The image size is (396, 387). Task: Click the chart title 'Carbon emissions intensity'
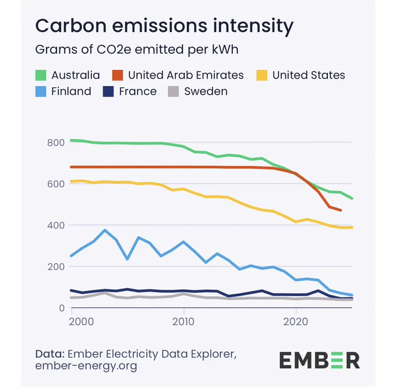coord(164,26)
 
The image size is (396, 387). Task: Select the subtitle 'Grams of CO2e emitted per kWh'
coord(137,49)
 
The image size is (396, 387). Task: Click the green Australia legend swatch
coord(41,75)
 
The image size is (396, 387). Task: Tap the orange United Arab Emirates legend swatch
coord(118,75)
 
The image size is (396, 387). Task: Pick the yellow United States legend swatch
coord(261,75)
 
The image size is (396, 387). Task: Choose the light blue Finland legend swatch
coord(41,91)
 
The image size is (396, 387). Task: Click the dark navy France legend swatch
coord(108,91)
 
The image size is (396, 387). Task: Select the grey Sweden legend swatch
coord(174,91)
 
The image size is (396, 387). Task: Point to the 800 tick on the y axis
coord(56,143)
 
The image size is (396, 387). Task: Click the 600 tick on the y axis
coord(56,184)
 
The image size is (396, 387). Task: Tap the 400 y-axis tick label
coord(56,225)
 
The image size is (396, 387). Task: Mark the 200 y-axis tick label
coord(56,267)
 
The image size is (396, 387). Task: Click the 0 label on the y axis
coord(62,308)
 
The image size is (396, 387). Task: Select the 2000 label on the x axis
coord(82,322)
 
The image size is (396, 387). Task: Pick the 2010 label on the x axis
coord(183,322)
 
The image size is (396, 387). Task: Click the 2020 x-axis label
coord(296,322)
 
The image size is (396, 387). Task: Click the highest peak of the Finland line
coord(105,230)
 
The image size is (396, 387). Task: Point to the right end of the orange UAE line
coord(341,210)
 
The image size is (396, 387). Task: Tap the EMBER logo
coord(320,360)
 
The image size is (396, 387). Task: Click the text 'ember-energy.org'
coord(86,366)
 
